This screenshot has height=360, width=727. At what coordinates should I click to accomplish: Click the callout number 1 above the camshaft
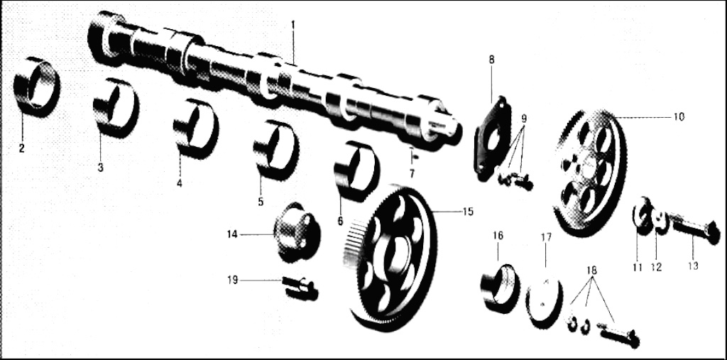293,23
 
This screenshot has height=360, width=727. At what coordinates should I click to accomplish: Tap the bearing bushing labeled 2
36,87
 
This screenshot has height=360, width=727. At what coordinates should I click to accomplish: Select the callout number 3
100,168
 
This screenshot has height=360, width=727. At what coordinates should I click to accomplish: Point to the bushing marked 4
195,129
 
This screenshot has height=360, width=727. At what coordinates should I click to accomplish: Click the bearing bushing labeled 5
275,149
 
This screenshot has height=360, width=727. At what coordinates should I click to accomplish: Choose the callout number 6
340,222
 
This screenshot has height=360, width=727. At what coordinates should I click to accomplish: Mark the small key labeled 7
413,156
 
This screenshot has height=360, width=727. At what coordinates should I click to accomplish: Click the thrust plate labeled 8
492,138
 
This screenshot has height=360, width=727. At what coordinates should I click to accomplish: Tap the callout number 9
524,118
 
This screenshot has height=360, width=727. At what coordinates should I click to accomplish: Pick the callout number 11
637,267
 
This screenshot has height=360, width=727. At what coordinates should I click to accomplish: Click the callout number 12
657,267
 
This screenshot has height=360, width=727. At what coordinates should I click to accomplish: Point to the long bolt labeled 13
694,227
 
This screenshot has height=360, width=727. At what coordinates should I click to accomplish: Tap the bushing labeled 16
499,288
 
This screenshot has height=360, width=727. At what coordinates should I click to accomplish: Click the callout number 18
591,271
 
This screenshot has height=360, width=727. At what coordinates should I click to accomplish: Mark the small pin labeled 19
300,287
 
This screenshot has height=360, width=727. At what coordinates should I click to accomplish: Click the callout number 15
468,212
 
